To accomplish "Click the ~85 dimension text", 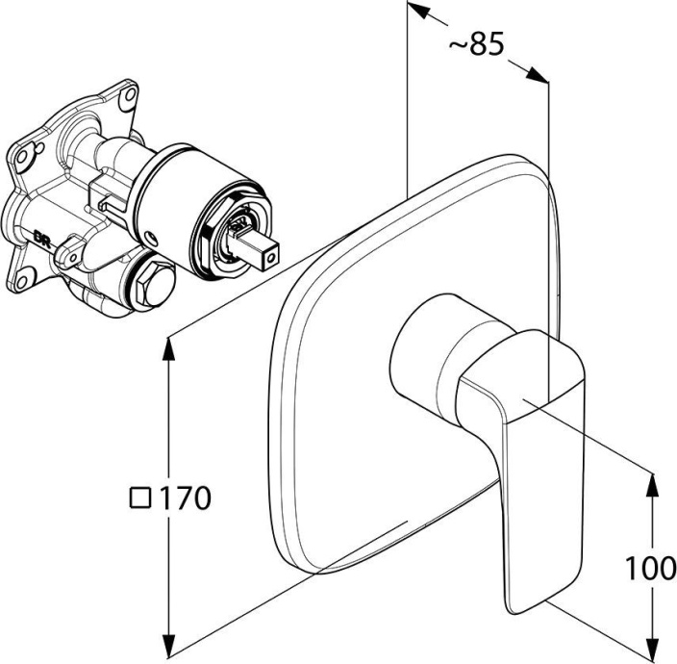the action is pyautogui.click(x=476, y=43).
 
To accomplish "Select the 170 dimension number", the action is pyautogui.click(x=186, y=498).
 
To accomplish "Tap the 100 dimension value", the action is pyautogui.click(x=651, y=568).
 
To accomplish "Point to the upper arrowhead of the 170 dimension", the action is pyautogui.click(x=169, y=348).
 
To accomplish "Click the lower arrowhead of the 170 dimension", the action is pyautogui.click(x=169, y=649).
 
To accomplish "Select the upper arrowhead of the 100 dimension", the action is pyautogui.click(x=654, y=485).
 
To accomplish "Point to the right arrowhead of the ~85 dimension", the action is pyautogui.click(x=538, y=74).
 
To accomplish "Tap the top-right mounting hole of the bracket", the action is pyautogui.click(x=127, y=95).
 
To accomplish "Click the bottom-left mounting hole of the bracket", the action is pyautogui.click(x=23, y=277).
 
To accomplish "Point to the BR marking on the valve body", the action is pyautogui.click(x=42, y=237).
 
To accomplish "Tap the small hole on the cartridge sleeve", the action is pyautogui.click(x=151, y=237).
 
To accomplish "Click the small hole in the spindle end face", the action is pyautogui.click(x=271, y=258).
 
